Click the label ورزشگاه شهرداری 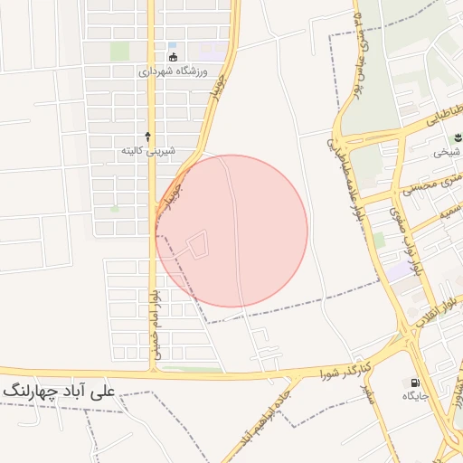174,71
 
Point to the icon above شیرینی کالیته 148,136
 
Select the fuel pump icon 415,383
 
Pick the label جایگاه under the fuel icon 415,396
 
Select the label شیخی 448,152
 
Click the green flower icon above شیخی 456,137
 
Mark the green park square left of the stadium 119,52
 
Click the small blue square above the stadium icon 172,44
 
